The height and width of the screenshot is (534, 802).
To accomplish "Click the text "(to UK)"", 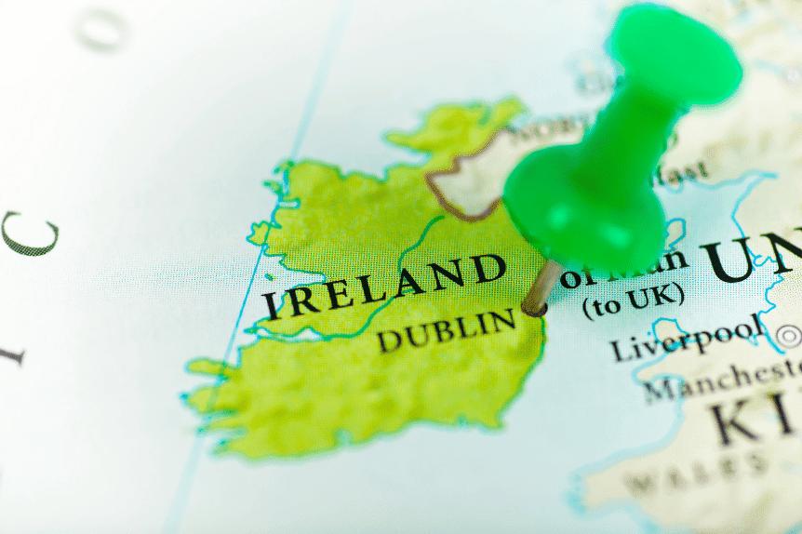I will (633, 299).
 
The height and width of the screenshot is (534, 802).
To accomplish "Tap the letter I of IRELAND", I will (271, 305).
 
